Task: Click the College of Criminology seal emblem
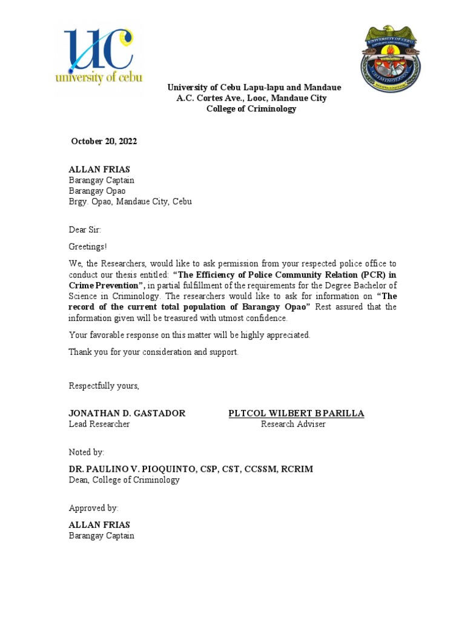tap(391, 59)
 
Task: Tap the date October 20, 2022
tap(104, 142)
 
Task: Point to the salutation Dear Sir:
tap(85, 230)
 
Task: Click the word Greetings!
tap(88, 247)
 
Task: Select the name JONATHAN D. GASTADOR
tap(127, 414)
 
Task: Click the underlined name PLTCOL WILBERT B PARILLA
tap(296, 414)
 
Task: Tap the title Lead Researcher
tap(99, 424)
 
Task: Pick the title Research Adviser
tap(293, 424)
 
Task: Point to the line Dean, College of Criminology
tap(124, 480)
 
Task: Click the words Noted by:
tap(87, 452)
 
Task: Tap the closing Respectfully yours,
tap(104, 386)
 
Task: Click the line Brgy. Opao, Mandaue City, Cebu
tap(130, 202)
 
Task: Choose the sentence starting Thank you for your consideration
tap(153, 352)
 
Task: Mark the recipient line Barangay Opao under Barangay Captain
tap(97, 191)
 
